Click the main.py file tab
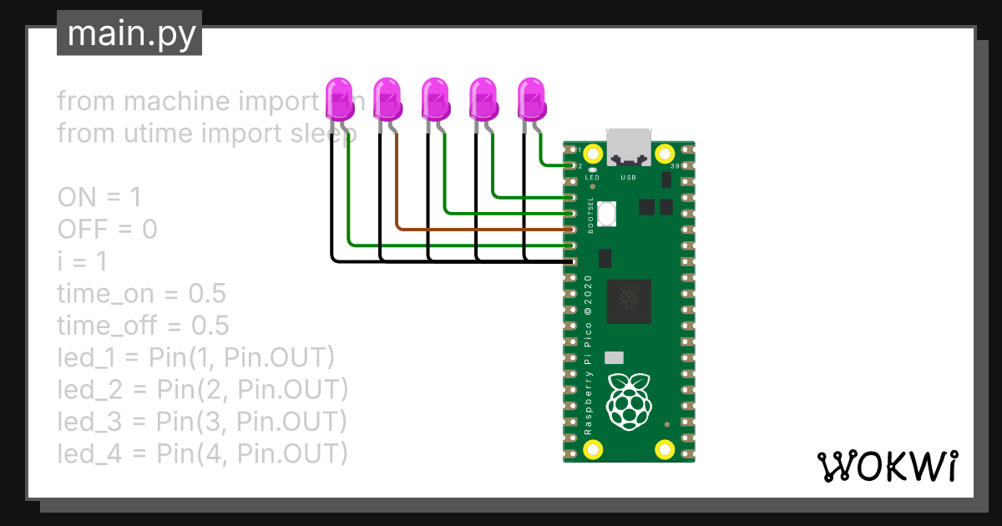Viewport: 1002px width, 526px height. coord(129,33)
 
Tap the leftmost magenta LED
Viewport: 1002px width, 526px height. coord(338,99)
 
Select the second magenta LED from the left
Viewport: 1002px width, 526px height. coord(387,99)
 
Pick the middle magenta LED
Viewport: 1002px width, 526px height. coord(435,99)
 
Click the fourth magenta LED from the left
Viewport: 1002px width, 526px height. coord(483,99)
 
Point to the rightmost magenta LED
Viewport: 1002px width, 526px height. coord(532,99)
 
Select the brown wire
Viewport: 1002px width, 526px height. coord(484,228)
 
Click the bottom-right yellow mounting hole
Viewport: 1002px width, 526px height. coord(665,450)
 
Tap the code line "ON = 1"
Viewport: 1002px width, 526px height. coord(99,198)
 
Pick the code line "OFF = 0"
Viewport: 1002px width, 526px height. coord(107,230)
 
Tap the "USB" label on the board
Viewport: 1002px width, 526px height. coord(629,178)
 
